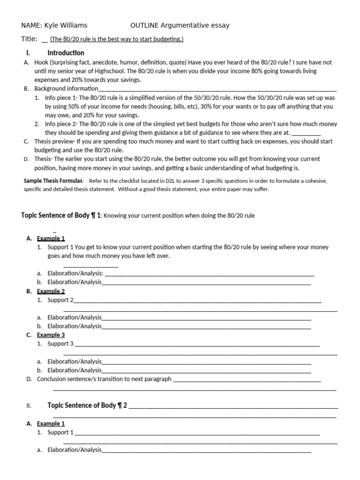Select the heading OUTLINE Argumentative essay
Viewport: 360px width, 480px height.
pos(180,25)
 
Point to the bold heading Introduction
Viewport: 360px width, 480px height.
pos(66,53)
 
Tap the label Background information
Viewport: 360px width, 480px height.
pos(67,89)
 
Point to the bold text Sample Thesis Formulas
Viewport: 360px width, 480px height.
pos(53,181)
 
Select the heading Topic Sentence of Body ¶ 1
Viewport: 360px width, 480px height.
pos(61,216)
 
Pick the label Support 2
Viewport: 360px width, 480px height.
pos(60,300)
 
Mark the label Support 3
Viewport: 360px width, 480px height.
pos(60,344)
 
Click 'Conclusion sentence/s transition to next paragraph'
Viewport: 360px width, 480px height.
pos(104,379)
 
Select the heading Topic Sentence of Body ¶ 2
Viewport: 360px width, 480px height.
pos(87,405)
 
